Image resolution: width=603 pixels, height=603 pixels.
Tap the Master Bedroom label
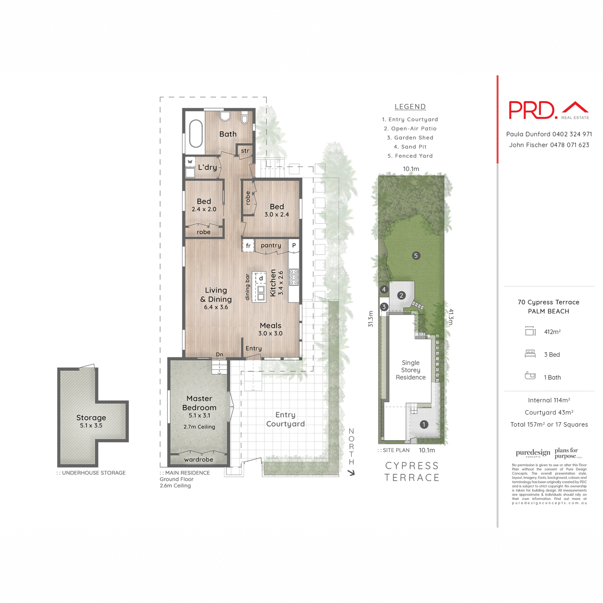click(199, 403)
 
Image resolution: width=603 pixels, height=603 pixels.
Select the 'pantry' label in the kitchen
click(271, 245)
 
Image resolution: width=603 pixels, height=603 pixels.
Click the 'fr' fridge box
click(248, 246)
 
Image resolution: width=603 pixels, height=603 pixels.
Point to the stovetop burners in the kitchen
click(294, 277)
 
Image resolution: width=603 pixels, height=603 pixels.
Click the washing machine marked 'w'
click(190, 162)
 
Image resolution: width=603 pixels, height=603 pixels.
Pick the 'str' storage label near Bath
click(245, 151)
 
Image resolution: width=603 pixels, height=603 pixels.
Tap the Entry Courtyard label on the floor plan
click(285, 419)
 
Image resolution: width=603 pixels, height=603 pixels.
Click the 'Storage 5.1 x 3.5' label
click(91, 421)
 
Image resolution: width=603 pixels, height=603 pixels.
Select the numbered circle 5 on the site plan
click(416, 256)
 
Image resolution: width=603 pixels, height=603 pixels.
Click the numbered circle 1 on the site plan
click(424, 425)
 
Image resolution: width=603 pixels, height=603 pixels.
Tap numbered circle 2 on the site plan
click(401, 295)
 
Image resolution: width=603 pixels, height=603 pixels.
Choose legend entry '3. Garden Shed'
click(410, 138)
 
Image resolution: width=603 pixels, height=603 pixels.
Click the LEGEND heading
click(410, 107)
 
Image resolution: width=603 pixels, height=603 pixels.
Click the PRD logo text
click(533, 110)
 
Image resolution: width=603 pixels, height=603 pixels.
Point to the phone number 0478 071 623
click(569, 145)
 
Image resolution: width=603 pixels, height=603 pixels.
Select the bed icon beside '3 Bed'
click(530, 354)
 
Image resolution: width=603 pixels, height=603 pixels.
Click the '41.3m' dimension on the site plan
click(451, 317)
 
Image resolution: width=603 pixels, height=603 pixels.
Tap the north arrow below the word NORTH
click(351, 472)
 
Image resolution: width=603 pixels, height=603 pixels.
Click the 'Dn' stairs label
click(220, 355)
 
